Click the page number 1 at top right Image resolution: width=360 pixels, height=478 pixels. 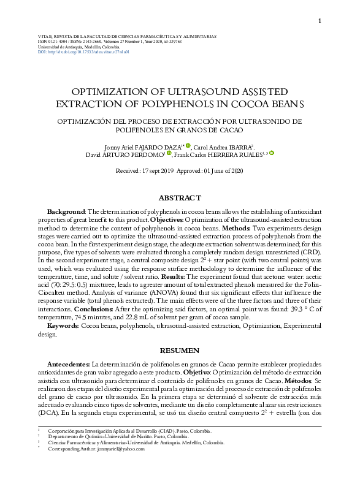pyautogui.click(x=320, y=21)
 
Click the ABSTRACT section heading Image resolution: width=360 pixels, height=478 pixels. pyautogui.click(x=180, y=198)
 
